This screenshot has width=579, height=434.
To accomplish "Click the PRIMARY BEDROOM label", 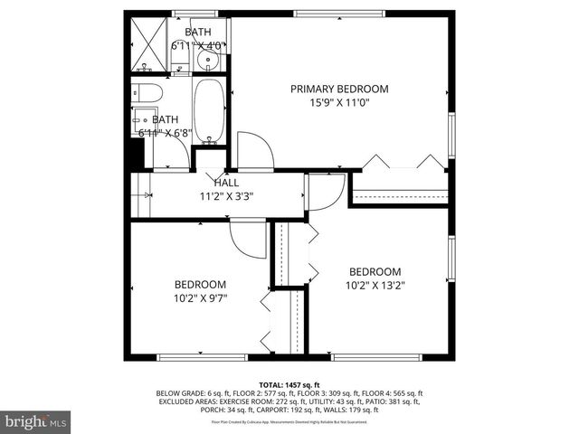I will pyautogui.click(x=339, y=89).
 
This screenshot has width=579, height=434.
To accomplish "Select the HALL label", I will pyautogui.click(x=226, y=183).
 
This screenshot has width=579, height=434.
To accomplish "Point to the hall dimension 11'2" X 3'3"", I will pyautogui.click(x=226, y=196).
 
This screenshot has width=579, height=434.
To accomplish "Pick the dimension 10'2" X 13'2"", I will pyautogui.click(x=375, y=286).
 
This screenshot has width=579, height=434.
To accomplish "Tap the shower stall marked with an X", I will pyautogui.click(x=149, y=45).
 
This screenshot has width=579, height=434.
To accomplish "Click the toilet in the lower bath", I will pyautogui.click(x=147, y=92).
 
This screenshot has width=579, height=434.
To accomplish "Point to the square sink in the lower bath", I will pyautogui.click(x=143, y=120).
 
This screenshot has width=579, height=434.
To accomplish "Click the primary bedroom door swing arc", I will pyautogui.click(x=253, y=149).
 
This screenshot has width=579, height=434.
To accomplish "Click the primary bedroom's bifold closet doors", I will pyautogui.click(x=403, y=163).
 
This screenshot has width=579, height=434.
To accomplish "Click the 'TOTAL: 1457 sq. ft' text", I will pyautogui.click(x=289, y=386).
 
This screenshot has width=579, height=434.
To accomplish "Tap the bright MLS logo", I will pyautogui.click(x=36, y=421).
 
